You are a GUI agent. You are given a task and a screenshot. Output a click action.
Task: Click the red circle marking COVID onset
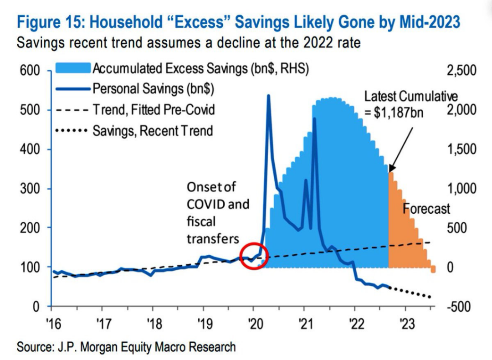click(x=253, y=255)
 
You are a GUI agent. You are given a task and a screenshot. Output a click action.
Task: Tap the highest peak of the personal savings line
click(x=268, y=95)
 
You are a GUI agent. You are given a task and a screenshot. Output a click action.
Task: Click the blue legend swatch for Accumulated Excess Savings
click(x=73, y=68)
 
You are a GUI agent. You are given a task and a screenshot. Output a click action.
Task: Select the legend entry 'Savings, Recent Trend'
click(x=153, y=131)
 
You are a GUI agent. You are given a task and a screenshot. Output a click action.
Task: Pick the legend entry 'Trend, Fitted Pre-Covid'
click(x=154, y=110)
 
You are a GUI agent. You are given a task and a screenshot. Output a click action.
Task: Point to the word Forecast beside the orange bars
click(x=427, y=209)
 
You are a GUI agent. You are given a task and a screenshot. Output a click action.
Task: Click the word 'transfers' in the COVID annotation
click(x=213, y=238)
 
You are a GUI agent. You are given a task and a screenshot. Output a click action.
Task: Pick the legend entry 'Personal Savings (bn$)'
click(x=154, y=88)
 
